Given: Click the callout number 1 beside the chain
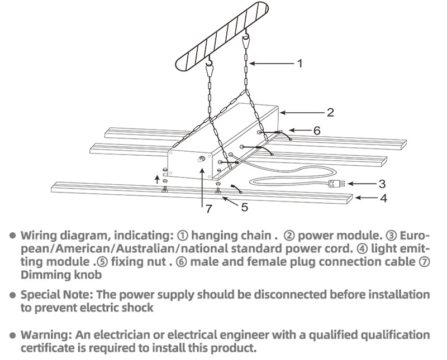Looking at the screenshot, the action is click(299, 63).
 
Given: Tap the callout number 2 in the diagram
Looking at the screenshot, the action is click(330, 113).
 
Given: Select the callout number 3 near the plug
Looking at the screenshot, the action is click(382, 184).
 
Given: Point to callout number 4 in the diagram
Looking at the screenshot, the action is click(384, 198).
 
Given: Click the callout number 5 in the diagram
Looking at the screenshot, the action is click(245, 207).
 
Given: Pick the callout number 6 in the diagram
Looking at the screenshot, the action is click(317, 131).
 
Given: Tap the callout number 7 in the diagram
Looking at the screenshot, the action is click(209, 209).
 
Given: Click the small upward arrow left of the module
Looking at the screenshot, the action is click(156, 179).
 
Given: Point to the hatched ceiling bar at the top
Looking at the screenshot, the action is click(221, 36).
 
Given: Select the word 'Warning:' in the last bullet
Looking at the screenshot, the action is click(47, 335).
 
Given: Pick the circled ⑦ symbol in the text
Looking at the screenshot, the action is click(424, 262).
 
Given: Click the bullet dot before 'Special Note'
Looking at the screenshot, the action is click(12, 295).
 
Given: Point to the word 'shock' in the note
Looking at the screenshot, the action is click(138, 308).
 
